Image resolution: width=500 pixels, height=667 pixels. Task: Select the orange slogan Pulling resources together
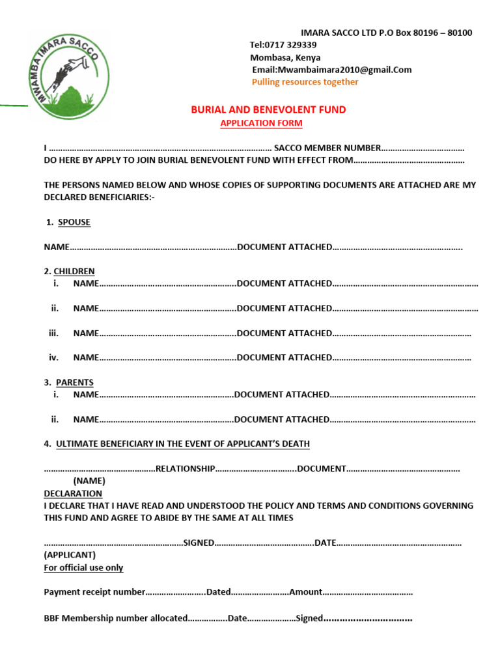point(305,82)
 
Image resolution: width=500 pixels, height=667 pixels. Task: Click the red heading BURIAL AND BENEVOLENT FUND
point(268,110)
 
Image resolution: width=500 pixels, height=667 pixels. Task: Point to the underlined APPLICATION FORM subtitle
point(261,123)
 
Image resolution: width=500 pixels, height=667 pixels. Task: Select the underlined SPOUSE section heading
point(74,222)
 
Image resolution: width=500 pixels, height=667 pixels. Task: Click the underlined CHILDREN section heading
point(74,271)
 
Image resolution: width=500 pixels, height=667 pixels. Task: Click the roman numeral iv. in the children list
point(54,358)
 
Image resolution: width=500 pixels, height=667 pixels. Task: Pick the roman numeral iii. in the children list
point(54,333)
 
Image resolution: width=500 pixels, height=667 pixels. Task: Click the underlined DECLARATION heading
point(73,493)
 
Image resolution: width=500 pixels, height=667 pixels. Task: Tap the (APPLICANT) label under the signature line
point(70,555)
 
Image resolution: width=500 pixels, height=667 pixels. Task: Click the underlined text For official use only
point(83,567)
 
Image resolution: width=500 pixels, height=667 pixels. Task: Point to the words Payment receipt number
point(94,592)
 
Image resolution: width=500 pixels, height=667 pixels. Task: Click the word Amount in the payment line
point(305,592)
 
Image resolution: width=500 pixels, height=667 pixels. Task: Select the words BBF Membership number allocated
point(115,618)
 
